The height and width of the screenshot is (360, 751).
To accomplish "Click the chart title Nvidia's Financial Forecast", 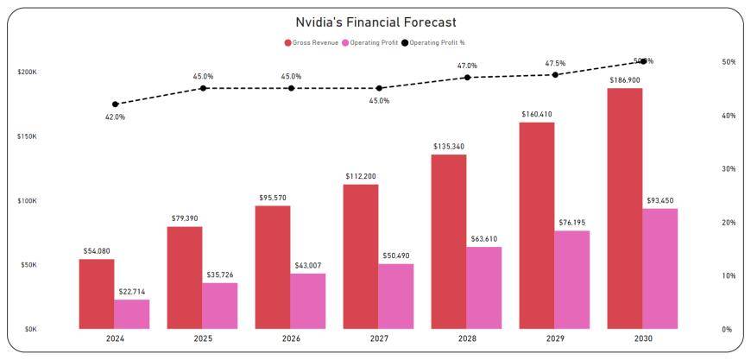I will coord(375,22).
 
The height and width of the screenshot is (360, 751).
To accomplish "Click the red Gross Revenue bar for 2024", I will coord(97,294).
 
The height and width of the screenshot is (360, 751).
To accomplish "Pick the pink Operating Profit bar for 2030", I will coord(660,268).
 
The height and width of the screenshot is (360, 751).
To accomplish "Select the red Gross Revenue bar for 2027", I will coord(361,256).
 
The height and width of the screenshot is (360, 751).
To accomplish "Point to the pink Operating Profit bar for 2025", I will coord(220,306).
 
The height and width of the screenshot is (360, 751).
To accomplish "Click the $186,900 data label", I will coord(624,79).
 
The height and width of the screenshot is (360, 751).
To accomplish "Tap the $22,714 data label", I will coord(132,291).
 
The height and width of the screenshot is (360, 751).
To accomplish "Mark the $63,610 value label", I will coord(483,238).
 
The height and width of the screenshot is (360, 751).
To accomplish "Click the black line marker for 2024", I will coord(116,104).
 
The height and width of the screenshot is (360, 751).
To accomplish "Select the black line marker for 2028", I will coord(467,78).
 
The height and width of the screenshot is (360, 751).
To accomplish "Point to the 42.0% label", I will coord(115,117).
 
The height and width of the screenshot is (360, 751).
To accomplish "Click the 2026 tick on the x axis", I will coord(291,339).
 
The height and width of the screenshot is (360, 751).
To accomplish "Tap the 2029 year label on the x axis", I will coord(555,339).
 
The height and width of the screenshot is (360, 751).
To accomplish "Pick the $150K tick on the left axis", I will coord(27,136).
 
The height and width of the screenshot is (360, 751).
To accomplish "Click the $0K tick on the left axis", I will coord(29,329).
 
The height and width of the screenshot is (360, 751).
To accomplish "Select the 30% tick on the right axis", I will coord(729,169).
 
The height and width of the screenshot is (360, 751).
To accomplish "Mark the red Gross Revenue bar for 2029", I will coord(537,225).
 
